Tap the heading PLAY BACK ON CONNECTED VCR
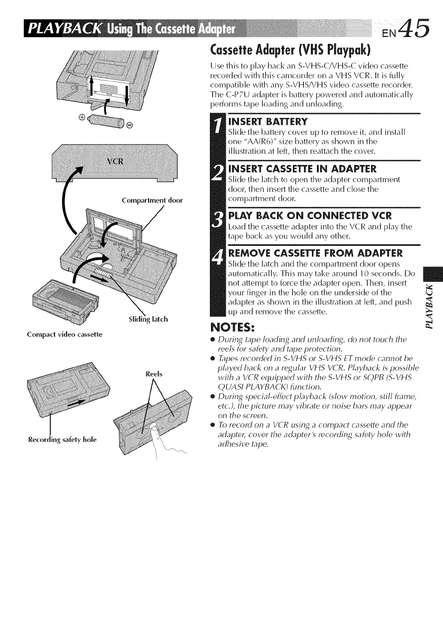coord(301,216)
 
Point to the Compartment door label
coord(151,200)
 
